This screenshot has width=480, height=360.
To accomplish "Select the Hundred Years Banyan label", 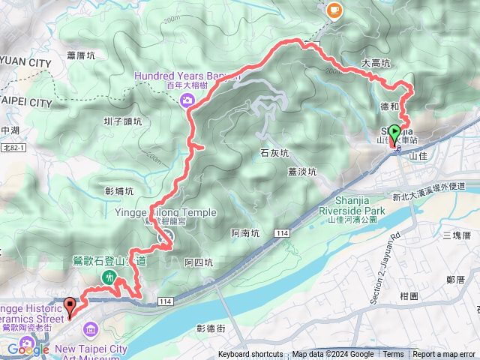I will click(x=187, y=76).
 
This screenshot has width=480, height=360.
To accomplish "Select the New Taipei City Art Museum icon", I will click(x=91, y=328).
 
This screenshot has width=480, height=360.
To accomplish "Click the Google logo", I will click(x=28, y=349).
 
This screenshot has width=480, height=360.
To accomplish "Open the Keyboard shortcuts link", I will click(x=250, y=355).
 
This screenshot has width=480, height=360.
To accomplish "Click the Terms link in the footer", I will click(x=393, y=355).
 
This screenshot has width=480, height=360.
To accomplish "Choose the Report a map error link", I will click(x=445, y=355).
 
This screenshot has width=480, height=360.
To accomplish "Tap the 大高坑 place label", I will click(x=376, y=64).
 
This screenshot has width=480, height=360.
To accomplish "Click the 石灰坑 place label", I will click(x=274, y=153).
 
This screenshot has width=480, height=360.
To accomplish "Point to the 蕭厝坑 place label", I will click(x=81, y=55).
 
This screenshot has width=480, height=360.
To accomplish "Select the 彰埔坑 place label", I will click(x=119, y=191).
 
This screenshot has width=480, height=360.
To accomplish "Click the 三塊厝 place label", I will click(x=456, y=235).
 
